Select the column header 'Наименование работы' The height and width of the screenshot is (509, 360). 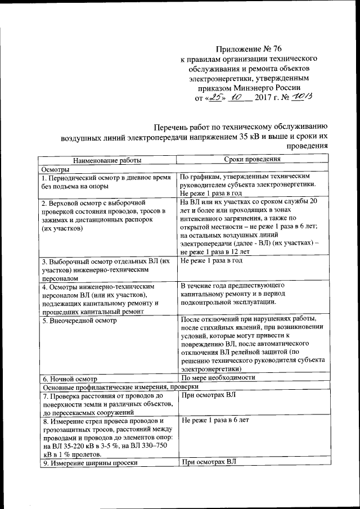click(x=107, y=160)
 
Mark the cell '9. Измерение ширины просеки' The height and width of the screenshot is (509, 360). click(x=90, y=463)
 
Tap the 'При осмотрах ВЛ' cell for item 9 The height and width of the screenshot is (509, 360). click(x=208, y=462)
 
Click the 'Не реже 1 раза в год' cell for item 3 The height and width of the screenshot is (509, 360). click(x=211, y=261)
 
